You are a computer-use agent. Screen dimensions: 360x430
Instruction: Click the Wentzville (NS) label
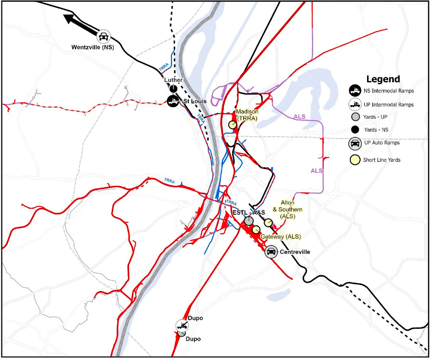click(x=93, y=47)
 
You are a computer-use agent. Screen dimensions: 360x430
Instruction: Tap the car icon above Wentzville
click(x=103, y=36)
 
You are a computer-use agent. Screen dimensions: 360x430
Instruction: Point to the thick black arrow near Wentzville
click(x=79, y=24)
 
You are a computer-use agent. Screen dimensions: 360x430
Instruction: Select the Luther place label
click(x=173, y=80)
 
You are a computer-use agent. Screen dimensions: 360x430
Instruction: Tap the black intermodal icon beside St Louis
click(x=173, y=101)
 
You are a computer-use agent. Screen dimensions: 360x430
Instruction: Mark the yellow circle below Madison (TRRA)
click(x=232, y=125)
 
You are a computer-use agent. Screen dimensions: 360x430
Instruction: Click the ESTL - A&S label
click(x=248, y=212)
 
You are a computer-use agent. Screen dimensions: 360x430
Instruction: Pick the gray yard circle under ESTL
click(x=249, y=221)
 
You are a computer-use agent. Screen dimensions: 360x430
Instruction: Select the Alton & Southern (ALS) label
click(x=291, y=210)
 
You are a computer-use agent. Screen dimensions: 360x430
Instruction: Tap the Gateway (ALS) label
click(x=280, y=237)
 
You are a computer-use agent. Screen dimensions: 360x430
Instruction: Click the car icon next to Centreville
click(x=271, y=252)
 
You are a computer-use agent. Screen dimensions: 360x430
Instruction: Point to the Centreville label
click(x=295, y=252)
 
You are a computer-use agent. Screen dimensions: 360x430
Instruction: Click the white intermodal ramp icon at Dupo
click(x=181, y=325)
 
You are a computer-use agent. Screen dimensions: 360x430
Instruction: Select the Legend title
click(x=382, y=79)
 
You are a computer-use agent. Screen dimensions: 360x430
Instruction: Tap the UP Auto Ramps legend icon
click(x=355, y=143)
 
